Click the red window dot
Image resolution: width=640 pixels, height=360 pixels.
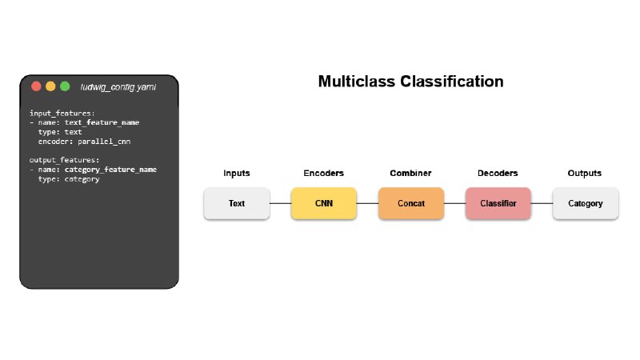36,86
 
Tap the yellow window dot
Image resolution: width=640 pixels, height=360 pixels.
50,86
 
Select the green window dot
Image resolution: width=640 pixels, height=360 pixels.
65,86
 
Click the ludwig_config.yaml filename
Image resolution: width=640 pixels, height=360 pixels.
118,87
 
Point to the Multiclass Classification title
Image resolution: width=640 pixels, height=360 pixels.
410,82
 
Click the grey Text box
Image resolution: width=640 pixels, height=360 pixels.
237,203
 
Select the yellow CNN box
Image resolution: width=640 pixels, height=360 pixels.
324,203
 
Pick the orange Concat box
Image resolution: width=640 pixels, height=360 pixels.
411,203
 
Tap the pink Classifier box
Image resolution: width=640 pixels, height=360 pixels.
498,203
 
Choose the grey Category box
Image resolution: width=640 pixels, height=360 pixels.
586,203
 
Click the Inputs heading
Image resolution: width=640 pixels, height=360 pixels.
237,173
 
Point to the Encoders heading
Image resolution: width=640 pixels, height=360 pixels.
324,173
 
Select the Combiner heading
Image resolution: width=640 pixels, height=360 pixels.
410,173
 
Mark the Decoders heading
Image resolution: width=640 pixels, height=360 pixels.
498,173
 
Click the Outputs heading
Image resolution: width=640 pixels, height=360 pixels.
585,173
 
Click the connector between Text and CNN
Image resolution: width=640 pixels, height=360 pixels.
281,203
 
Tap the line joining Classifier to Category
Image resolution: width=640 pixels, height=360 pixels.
542,203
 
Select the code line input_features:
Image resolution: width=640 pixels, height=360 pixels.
62,113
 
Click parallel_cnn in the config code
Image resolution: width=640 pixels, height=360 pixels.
104,142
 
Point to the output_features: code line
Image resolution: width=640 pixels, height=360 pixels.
64,160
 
